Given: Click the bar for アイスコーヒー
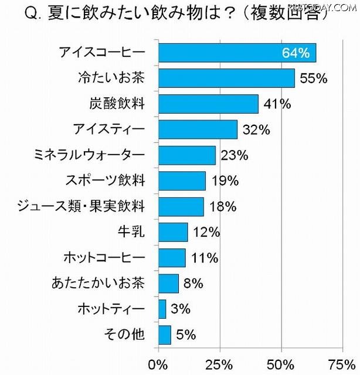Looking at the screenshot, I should coord(237,53).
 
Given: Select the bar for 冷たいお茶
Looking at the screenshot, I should coord(226,78).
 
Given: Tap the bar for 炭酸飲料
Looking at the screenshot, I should coord(208,104).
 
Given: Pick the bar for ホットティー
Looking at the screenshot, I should coord(162,309).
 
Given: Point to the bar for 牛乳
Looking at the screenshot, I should coord(173,232).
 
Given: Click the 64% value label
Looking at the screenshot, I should coord(296,53).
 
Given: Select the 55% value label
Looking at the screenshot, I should coord(313,79).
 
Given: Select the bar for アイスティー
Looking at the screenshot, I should coord(198,129).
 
